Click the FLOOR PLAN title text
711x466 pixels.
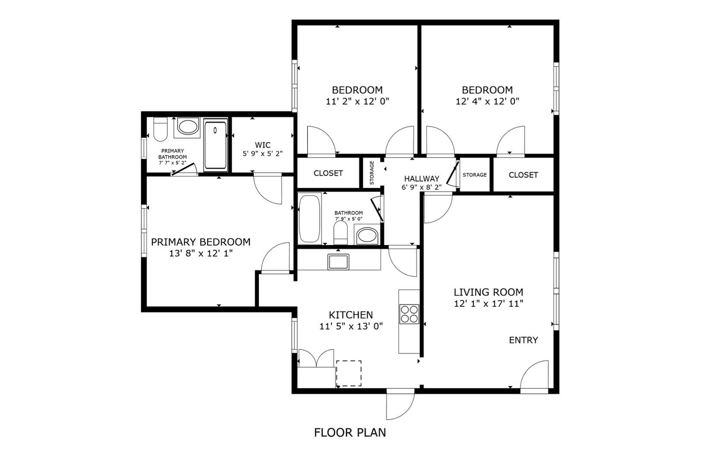coord(350,432)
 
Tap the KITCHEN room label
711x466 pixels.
coord(351,315)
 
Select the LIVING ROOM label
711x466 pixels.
coord(488,292)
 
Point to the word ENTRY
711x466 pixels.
coord(523,340)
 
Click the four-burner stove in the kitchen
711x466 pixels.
coord(409,314)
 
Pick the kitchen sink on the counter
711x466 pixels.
coord(338,261)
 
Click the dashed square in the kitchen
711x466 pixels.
coord(349,373)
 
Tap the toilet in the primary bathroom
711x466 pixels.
coord(160,129)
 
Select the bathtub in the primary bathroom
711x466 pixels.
coord(216,145)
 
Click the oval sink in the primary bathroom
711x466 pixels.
coord(188,127)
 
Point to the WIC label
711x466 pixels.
coord(263,145)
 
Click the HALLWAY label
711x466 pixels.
coord(422,179)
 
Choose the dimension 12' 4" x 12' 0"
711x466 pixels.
coord(487,101)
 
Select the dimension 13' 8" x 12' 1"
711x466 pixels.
coord(201,253)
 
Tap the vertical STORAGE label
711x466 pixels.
coord(372,173)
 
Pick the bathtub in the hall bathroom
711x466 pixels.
coord(309,219)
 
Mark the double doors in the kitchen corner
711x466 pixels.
coord(316,359)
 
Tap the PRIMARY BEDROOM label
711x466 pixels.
coord(201,242)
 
